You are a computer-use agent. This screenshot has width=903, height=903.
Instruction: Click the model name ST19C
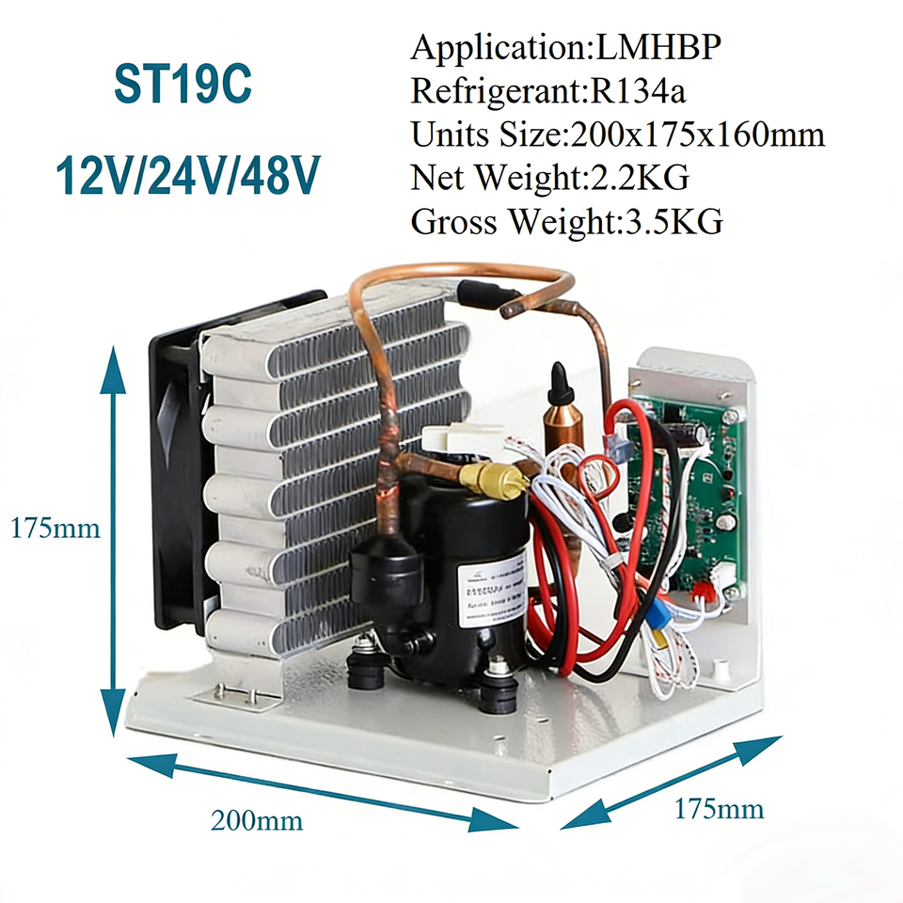(x=183, y=86)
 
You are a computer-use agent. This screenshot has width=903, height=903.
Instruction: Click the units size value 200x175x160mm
(x=693, y=135)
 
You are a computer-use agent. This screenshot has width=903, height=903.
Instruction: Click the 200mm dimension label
(x=256, y=820)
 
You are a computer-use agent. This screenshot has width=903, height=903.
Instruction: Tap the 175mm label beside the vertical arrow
(x=55, y=528)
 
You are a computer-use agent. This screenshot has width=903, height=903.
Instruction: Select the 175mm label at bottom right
(x=719, y=808)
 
